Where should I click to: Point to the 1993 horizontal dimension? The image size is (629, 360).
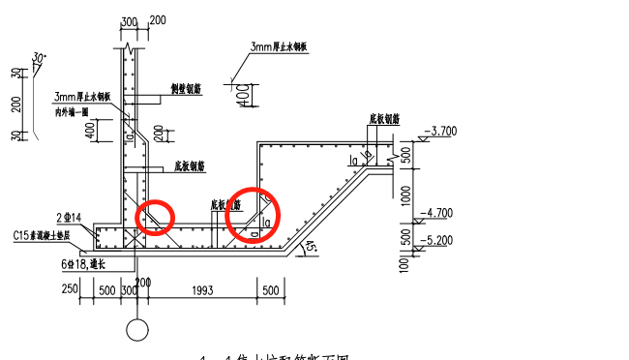pos(203,290)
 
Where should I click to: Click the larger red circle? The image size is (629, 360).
pos(252,214)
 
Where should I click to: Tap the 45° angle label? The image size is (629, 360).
pos(312,248)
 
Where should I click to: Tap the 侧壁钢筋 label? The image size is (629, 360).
pos(185,90)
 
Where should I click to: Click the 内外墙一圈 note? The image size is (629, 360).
pos(72,112)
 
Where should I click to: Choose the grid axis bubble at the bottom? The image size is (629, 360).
pos(137,330)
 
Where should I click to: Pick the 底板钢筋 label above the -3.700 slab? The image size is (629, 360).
pos(384,120)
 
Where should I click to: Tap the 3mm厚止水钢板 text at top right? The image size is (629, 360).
pos(279,46)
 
